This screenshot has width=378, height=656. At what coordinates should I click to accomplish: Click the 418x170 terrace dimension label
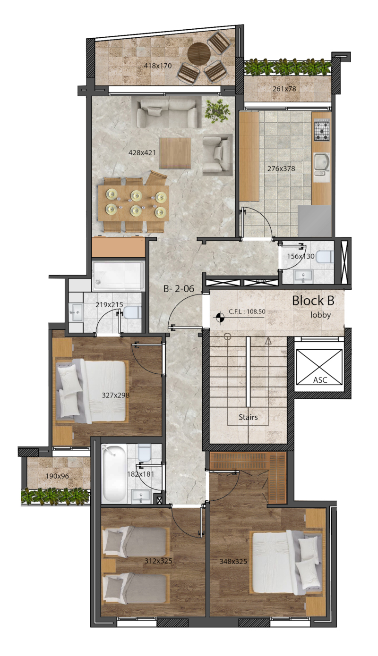click(x=158, y=66)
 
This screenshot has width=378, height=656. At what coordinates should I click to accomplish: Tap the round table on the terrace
click(x=199, y=54)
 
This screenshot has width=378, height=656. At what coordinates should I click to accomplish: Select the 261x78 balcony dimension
click(x=284, y=89)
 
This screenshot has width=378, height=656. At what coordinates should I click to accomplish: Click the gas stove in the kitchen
click(x=322, y=130)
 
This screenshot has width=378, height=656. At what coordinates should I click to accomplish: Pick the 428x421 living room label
click(x=142, y=152)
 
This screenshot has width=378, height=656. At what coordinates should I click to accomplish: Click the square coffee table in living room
click(x=175, y=153)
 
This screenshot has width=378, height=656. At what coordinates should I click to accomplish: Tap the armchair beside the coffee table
click(x=217, y=154)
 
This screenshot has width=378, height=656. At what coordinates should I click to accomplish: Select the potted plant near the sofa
click(x=217, y=110)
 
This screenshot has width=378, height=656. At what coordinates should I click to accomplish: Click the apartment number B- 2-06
click(x=179, y=289)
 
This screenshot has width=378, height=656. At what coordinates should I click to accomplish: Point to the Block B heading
click(x=313, y=301)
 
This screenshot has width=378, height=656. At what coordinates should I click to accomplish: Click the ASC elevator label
click(x=320, y=380)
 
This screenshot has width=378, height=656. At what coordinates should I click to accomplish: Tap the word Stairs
click(x=248, y=417)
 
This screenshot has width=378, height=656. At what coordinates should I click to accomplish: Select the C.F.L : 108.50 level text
click(x=247, y=311)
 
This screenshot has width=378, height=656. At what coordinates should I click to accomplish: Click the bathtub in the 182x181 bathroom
click(x=114, y=473)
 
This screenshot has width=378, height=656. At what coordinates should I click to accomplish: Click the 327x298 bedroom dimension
click(x=116, y=395)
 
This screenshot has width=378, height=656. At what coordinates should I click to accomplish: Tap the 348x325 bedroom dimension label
click(x=233, y=562)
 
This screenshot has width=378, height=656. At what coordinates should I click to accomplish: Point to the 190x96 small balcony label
click(x=57, y=476)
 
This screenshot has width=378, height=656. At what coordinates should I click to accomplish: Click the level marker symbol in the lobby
click(x=220, y=317)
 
